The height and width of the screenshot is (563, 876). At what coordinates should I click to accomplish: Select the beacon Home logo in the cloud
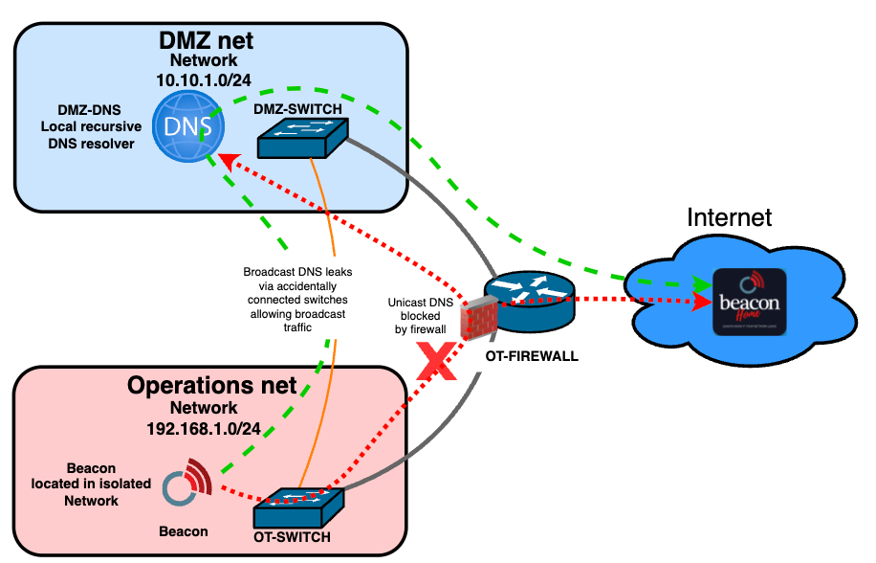click(752, 301)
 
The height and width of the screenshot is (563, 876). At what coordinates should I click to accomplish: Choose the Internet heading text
click(729, 216)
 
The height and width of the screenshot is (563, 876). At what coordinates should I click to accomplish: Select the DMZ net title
click(206, 40)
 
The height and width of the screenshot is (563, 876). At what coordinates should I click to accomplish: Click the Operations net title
click(211, 387)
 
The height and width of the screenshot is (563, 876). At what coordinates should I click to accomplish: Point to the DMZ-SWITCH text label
click(298, 109)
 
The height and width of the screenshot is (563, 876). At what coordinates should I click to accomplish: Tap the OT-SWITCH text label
click(293, 537)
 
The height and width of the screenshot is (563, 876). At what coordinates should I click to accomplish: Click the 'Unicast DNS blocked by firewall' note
click(417, 315)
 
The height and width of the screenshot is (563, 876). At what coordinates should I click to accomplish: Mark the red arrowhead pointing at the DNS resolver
click(226, 160)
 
